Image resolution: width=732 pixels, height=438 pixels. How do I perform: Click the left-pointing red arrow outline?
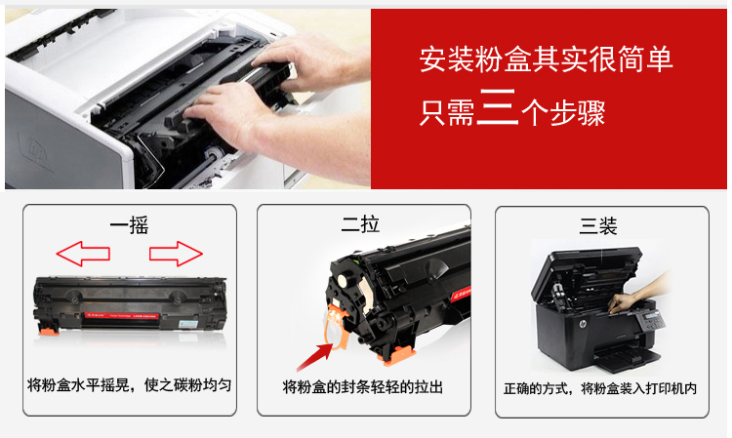tap(83, 254)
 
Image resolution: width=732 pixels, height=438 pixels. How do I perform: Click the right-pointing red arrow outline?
tap(176, 254)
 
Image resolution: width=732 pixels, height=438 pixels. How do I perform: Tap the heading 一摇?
tap(129, 225)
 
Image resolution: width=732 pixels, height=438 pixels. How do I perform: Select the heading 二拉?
tap(360, 224)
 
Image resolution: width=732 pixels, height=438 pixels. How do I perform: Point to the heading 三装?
tap(598, 226)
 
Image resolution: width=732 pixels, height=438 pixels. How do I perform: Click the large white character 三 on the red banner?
tap(498, 107)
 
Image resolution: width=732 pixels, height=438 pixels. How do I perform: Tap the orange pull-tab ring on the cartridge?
tap(335, 328)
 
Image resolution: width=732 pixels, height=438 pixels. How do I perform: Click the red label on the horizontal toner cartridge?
tap(121, 316)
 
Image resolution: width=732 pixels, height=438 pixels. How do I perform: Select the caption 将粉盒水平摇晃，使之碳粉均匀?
tap(129, 385)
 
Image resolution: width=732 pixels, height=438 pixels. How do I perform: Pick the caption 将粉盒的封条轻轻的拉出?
tap(363, 387)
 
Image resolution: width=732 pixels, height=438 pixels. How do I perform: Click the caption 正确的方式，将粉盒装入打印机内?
tap(600, 388)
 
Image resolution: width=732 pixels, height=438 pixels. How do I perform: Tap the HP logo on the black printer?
tap(582, 324)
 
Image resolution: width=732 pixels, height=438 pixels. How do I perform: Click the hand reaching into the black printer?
tap(639, 292)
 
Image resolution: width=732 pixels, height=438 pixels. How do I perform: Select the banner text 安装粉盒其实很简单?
tap(546, 59)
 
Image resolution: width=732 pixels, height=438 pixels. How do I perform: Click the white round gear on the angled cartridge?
tap(345, 281)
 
